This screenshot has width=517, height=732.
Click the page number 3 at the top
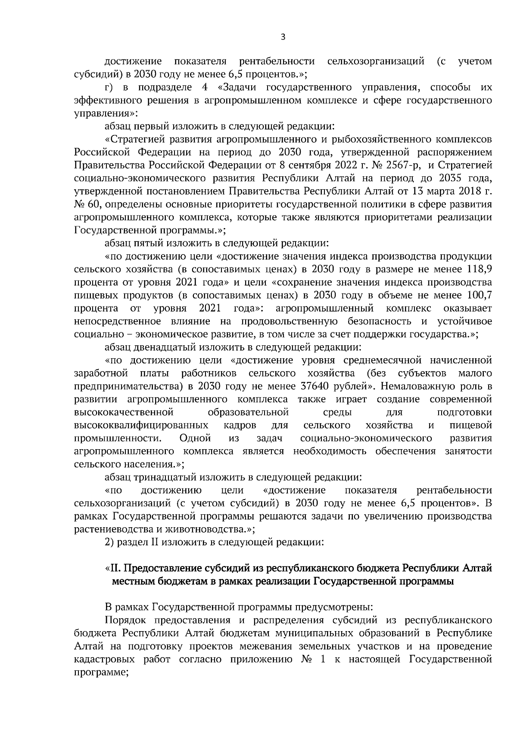[283, 37]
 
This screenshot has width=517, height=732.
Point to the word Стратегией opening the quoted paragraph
[135, 140]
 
